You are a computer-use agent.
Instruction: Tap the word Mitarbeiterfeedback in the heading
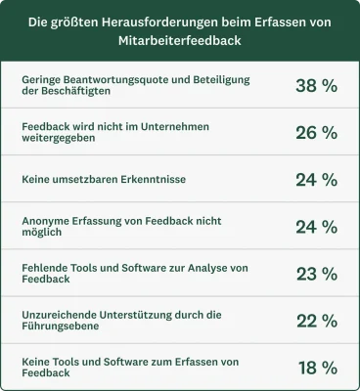coord(180,42)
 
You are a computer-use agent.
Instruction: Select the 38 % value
coord(316,85)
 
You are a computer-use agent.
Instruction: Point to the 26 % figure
coord(316,133)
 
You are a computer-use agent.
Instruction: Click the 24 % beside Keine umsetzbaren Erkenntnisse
coord(316,180)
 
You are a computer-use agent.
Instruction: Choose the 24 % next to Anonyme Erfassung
coord(316,227)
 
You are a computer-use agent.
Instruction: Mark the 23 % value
coord(316,274)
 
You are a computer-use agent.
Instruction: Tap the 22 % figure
coord(316,321)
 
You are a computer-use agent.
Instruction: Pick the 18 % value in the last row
coord(316,368)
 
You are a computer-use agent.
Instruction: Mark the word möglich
coord(42,234)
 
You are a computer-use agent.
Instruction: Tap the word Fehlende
coord(45,268)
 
